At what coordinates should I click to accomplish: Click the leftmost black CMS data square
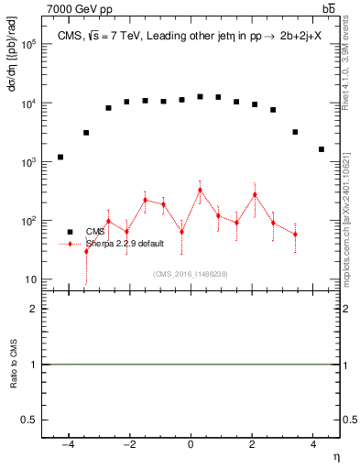60,157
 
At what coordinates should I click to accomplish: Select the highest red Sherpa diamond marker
200,191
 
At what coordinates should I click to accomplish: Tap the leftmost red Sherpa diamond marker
86,251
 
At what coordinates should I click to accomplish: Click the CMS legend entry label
95,232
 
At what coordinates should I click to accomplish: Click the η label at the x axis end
335,456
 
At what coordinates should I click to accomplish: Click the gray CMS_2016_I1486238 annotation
191,273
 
